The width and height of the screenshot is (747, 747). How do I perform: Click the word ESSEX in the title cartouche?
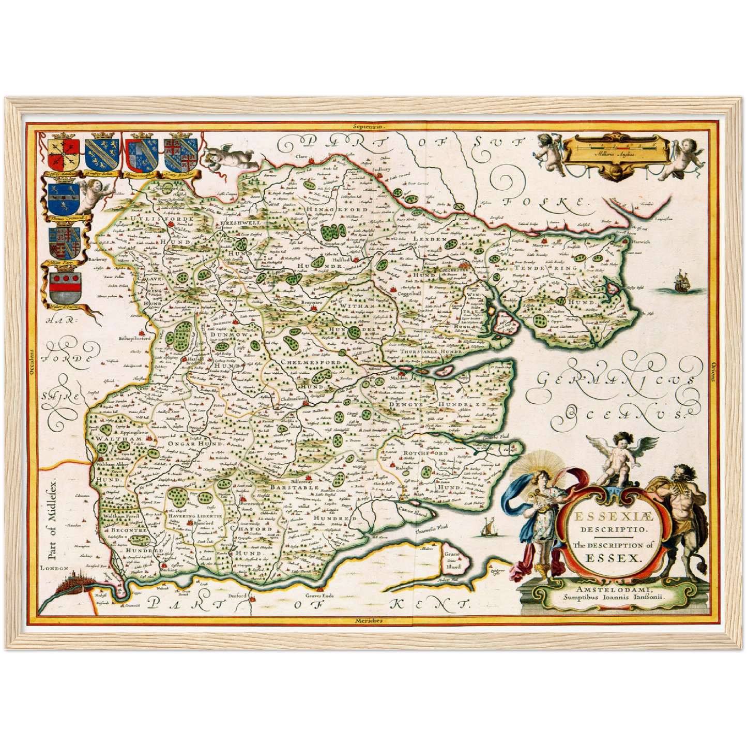point(613,558)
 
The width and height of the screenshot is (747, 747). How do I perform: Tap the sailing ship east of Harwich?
point(683,281)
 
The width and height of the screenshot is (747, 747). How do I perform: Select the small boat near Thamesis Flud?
point(486,528)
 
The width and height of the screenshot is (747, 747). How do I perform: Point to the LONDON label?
point(55,568)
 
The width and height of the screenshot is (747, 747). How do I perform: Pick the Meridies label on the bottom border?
point(369,620)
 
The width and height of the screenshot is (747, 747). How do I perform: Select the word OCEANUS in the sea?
point(621,413)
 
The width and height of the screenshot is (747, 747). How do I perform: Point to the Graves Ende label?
point(320,596)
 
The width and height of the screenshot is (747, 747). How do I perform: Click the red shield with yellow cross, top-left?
point(63,154)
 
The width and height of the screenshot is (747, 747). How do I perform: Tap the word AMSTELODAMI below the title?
point(613,590)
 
